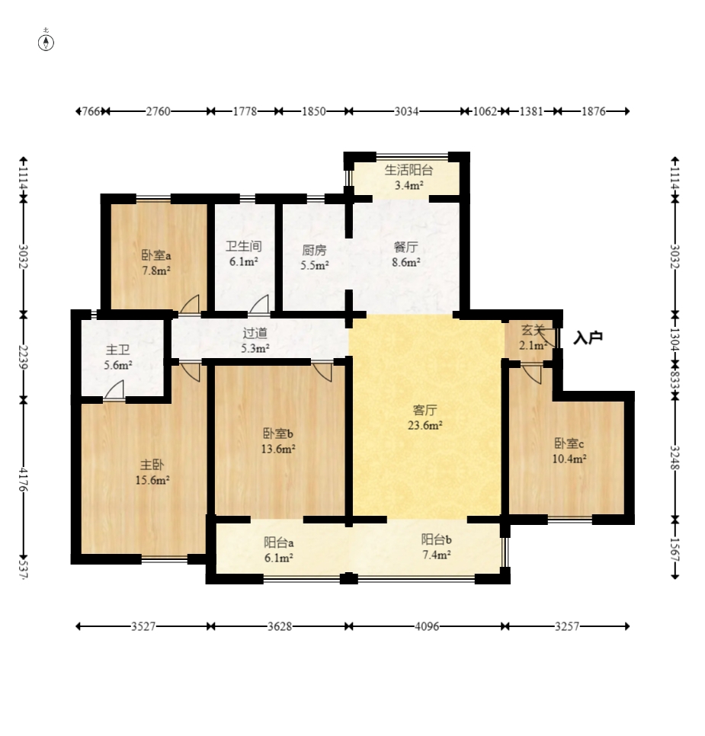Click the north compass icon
pos(46,42)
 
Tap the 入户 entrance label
pos(588,338)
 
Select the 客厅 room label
pos(425,410)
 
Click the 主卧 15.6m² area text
pos(152,480)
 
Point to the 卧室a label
pos(156,255)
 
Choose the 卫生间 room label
pos(243,246)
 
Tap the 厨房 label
pos(314,250)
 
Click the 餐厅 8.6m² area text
pos(406,262)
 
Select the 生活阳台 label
pos(409,170)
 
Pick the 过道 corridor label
pos(255,333)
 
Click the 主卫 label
pos(117,350)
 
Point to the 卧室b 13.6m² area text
pos(278,449)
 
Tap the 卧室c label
pos(569,443)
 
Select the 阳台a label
pos(278,542)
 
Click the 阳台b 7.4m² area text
pos(437,555)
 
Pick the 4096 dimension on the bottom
pos(427,626)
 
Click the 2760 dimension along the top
pos(158,111)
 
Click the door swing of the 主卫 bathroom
pos(114,390)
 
